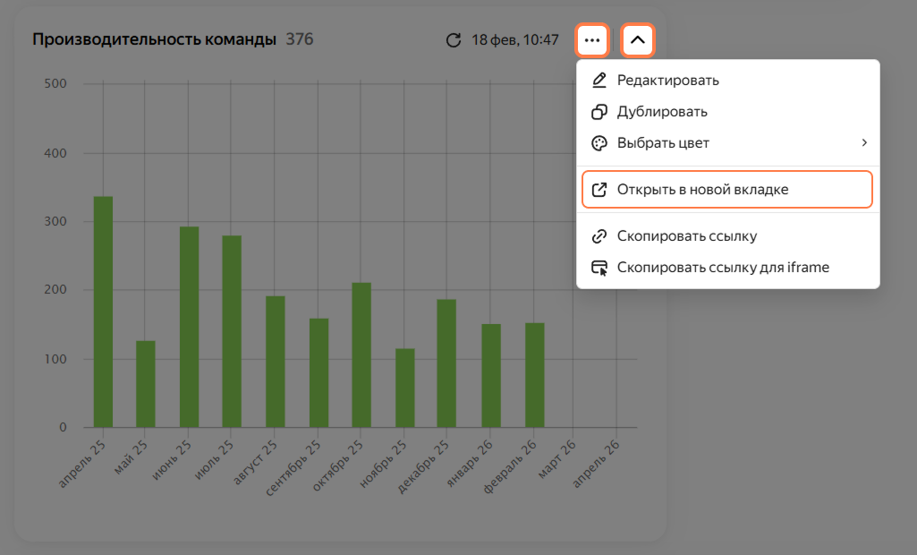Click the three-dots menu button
coord(592,40)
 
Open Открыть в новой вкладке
coord(727,189)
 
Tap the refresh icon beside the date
coord(454,40)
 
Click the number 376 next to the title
coord(300,39)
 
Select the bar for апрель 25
coord(103,312)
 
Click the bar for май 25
coord(146,384)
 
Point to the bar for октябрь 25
coord(361,355)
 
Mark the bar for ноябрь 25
coord(405,388)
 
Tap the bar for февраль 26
coord(534,375)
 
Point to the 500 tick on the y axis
coord(55,84)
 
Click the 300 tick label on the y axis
coord(55,221)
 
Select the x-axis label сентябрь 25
coord(293,468)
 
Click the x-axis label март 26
coord(556,459)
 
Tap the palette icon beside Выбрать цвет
coord(599,143)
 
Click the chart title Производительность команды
coord(155,39)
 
